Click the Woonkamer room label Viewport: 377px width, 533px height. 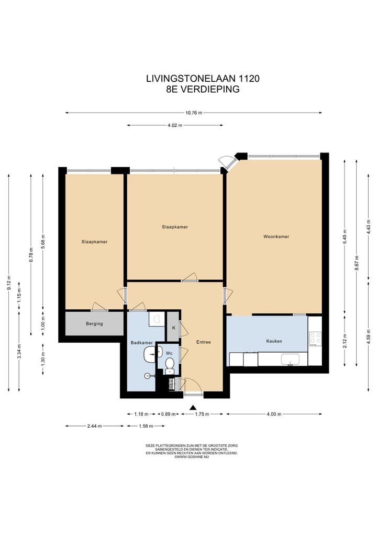[x=276, y=236]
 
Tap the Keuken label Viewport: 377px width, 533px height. [x=274, y=341]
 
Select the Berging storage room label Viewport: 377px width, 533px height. [x=94, y=323]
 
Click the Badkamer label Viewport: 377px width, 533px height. [x=141, y=343]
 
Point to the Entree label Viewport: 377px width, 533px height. [x=204, y=342]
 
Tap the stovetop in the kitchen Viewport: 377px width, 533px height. [x=315, y=339]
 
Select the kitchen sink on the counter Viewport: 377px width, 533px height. [x=290, y=360]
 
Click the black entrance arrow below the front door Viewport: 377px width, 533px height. [x=193, y=407]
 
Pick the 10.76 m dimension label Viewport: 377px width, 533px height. [x=194, y=113]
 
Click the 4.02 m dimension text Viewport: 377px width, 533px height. [x=174, y=125]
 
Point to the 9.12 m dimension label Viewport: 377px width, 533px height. [x=9, y=282]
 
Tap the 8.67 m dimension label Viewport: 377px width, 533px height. [x=357, y=263]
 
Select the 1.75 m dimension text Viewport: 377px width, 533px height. [x=202, y=414]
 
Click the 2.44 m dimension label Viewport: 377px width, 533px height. [x=94, y=426]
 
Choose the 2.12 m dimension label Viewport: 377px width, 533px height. [x=345, y=341]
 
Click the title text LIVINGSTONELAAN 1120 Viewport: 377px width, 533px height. [x=203, y=79]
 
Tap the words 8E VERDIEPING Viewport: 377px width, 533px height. [x=203, y=89]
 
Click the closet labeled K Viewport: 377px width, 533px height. [x=173, y=327]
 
